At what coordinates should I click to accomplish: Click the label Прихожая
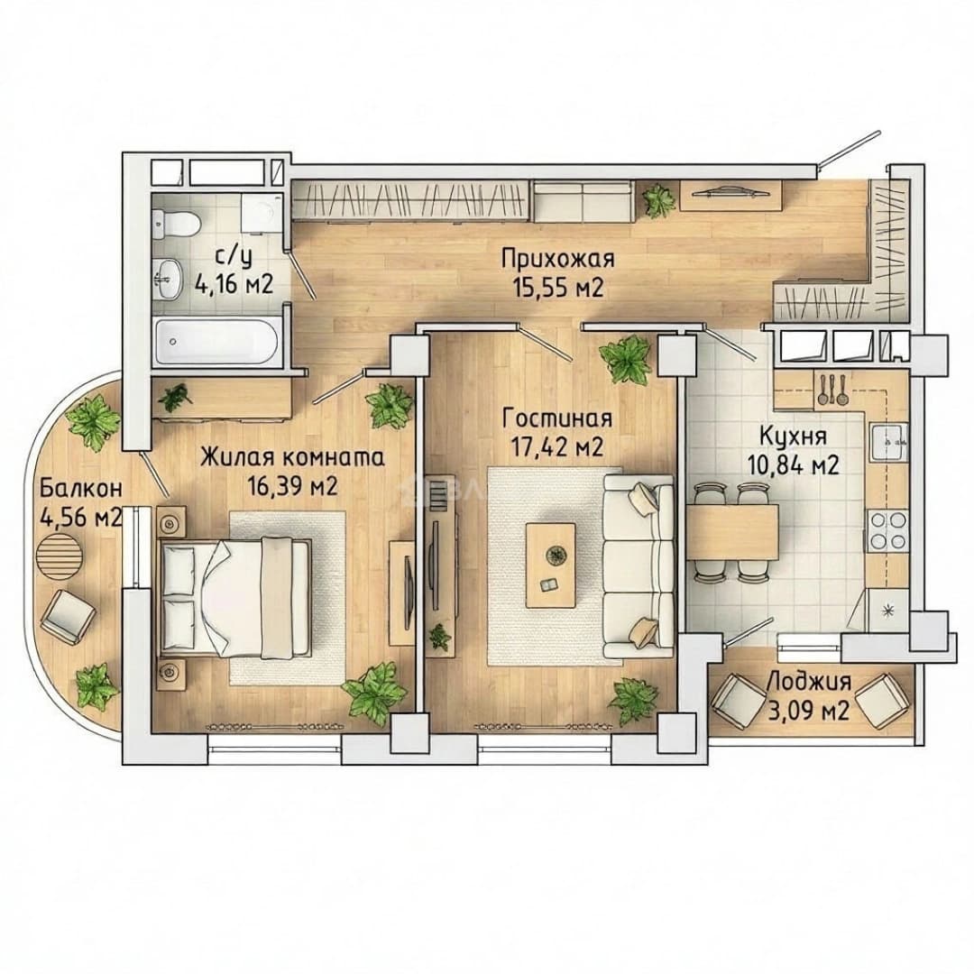[558, 259]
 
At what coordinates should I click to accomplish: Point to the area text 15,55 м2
[558, 288]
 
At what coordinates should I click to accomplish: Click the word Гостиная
[557, 418]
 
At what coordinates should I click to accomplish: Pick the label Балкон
[81, 489]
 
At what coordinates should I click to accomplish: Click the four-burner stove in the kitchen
[887, 531]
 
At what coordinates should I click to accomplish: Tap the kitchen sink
[889, 442]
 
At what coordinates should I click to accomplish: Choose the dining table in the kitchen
[732, 532]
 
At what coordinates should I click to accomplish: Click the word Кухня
[793, 436]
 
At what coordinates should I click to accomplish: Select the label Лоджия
[809, 682]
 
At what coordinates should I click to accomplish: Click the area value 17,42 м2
[556, 447]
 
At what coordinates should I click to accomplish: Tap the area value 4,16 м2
[234, 285]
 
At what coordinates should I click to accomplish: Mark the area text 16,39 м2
[292, 486]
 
